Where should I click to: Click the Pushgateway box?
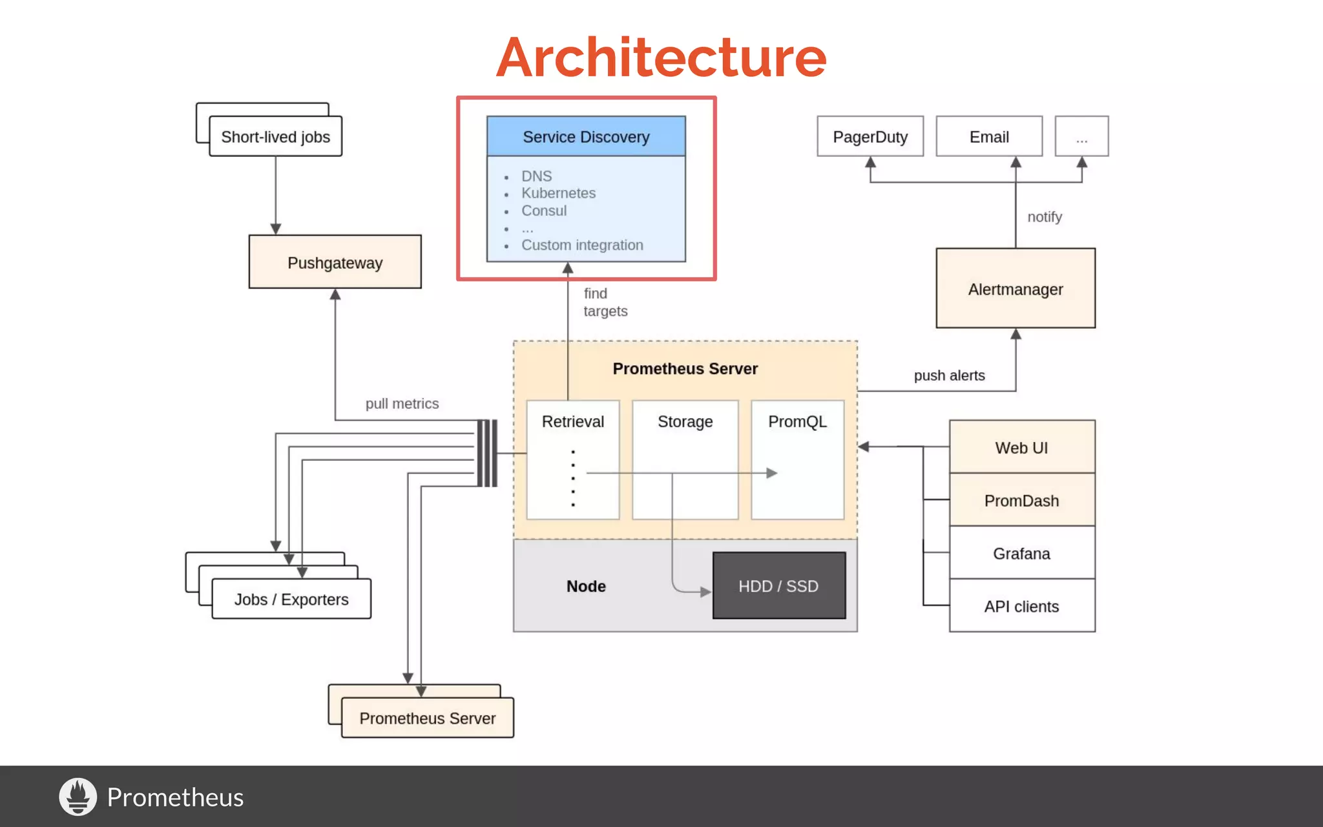[335, 262]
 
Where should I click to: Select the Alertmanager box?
[1015, 289]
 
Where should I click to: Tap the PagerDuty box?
[870, 136]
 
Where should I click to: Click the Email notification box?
[988, 136]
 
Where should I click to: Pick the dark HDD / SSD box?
[778, 585]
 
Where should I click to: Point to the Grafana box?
[1021, 553]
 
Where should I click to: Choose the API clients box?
[1021, 606]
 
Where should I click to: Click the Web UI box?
[1021, 447]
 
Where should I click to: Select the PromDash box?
[1021, 500]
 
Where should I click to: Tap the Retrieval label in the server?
[572, 421]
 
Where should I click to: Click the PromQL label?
[797, 421]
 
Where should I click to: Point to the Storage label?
[685, 421]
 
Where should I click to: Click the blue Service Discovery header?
[586, 136]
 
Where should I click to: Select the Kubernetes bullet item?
[558, 193]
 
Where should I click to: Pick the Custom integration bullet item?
[581, 245]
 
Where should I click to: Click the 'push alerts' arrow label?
[948, 375]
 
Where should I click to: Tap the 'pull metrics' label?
[402, 404]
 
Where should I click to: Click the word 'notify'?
[1044, 217]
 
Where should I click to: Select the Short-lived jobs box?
[275, 136]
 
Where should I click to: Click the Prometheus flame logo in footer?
[78, 796]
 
